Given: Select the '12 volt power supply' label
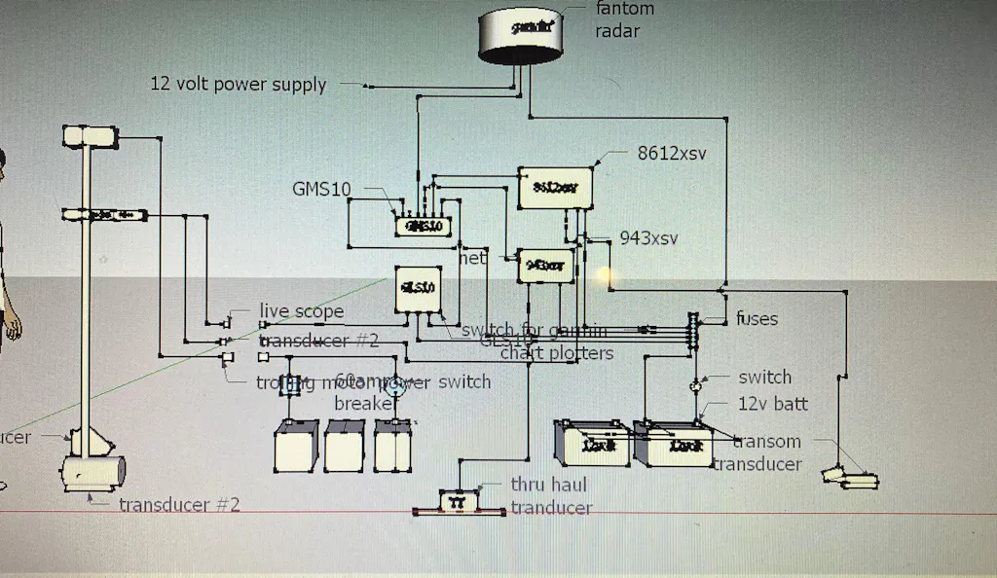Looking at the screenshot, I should click(x=238, y=85).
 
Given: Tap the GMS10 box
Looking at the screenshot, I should click(x=425, y=226).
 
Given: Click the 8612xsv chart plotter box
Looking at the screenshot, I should click(x=555, y=187).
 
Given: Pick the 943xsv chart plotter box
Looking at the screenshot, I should click(x=545, y=264).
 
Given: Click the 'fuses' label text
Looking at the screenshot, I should click(x=757, y=318).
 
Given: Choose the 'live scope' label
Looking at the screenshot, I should click(x=301, y=311).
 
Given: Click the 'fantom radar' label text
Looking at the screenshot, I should click(x=624, y=19).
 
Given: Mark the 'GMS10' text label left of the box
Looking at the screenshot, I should click(x=321, y=189).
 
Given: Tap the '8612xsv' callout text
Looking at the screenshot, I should click(x=671, y=154).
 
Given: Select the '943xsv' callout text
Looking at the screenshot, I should click(x=648, y=238).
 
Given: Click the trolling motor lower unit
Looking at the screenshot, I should click(x=92, y=474).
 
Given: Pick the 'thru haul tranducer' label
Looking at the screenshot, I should click(x=551, y=495).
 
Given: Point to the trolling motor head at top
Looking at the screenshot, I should click(x=89, y=135).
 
